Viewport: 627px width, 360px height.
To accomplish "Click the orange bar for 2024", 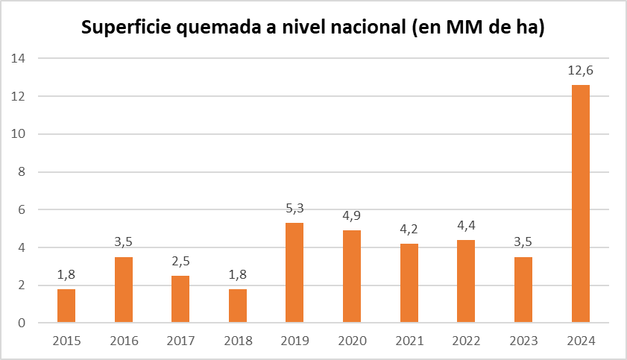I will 580,203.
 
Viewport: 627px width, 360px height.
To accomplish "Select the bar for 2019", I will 294,273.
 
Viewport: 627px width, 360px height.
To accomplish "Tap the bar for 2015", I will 66,306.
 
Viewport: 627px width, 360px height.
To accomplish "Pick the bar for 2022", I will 466,281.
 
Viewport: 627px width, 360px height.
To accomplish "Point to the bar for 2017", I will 180,299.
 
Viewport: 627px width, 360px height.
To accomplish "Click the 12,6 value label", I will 580,71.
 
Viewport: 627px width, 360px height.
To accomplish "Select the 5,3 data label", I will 294,209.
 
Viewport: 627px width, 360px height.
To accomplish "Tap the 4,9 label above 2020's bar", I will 352,216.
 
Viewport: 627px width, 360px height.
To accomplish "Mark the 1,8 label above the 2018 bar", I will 238,275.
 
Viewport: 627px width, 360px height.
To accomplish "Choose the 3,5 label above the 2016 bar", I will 124,243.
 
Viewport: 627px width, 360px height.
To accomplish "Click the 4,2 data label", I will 409,230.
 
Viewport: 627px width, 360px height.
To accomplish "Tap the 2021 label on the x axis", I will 409,341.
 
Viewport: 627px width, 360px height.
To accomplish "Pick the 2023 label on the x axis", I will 523,341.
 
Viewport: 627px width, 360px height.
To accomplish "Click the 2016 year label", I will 124,341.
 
